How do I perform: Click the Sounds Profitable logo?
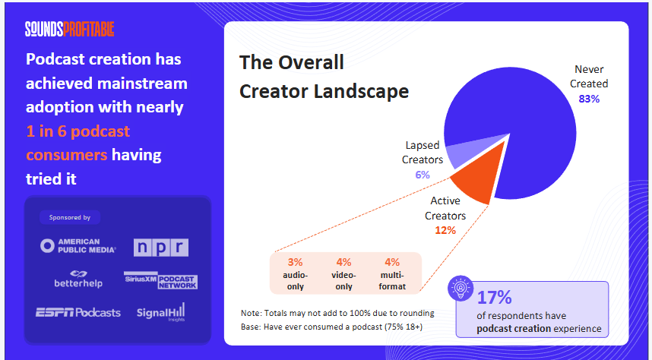click(69, 29)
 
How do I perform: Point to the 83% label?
click(589, 99)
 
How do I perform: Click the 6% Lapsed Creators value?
click(423, 175)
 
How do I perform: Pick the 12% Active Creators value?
click(445, 230)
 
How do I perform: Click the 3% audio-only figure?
click(295, 262)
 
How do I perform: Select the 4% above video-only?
click(343, 262)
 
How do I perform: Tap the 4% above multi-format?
click(392, 262)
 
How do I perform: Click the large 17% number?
click(494, 297)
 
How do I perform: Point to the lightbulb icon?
click(462, 291)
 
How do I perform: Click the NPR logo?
click(160, 248)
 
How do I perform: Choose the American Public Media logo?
click(78, 245)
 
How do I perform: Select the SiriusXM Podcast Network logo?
click(160, 279)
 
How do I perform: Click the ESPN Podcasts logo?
click(78, 312)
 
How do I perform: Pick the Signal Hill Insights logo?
click(160, 312)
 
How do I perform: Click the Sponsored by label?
click(70, 217)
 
